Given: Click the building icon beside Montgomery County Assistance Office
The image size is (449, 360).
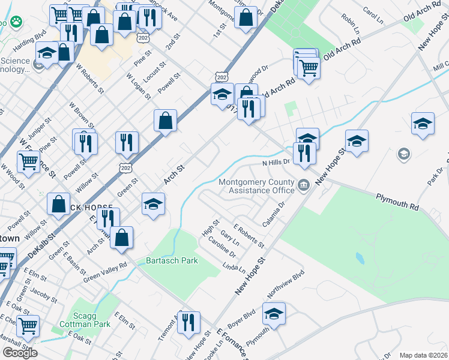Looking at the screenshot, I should click(x=304, y=184).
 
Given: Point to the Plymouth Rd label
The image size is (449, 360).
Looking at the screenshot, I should click(x=397, y=201).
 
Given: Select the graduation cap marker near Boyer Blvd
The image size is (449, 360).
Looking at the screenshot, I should click(x=274, y=313).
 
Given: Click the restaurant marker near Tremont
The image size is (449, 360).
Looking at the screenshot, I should click(x=190, y=323).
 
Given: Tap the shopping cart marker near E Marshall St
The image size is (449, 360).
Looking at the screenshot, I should click(x=28, y=326).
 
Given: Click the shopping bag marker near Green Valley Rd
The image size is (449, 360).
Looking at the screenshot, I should click(x=122, y=237).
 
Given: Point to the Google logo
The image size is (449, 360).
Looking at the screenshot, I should click(x=20, y=353).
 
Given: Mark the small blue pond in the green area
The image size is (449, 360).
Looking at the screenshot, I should click(x=360, y=259).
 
